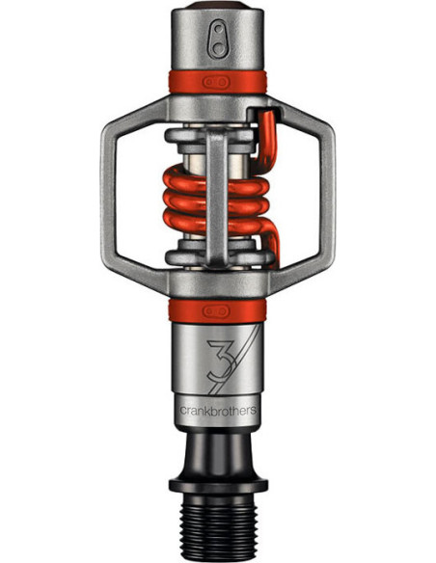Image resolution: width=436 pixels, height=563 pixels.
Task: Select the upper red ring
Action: (218, 83)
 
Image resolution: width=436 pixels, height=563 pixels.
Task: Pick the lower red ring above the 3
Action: (218, 309)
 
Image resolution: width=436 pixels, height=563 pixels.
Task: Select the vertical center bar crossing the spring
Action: (218, 193)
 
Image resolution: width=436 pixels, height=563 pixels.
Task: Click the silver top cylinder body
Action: (218, 48)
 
